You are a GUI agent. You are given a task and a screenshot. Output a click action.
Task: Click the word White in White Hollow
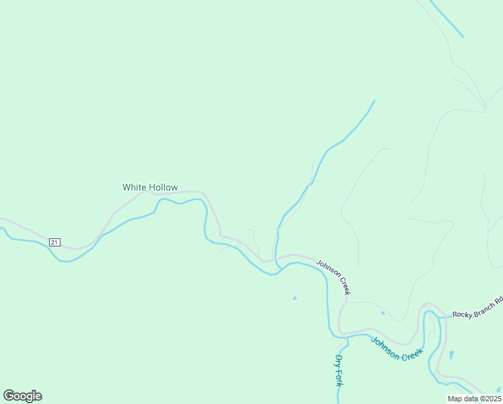click(x=134, y=187)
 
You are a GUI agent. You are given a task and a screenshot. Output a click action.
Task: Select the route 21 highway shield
click(x=54, y=242)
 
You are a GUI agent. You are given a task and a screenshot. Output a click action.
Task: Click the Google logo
click(x=22, y=396)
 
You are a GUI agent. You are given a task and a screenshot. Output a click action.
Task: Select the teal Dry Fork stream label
click(x=340, y=370)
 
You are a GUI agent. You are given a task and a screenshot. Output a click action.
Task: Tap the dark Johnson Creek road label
click(x=334, y=277)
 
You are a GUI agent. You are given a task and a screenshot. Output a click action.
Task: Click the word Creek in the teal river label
click(x=411, y=354)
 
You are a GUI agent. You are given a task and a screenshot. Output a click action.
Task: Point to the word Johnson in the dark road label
click(x=327, y=270)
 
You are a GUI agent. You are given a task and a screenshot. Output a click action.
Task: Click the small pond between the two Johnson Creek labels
click(x=383, y=313)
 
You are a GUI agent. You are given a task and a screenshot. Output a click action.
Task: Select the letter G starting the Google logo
click(x=9, y=396)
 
